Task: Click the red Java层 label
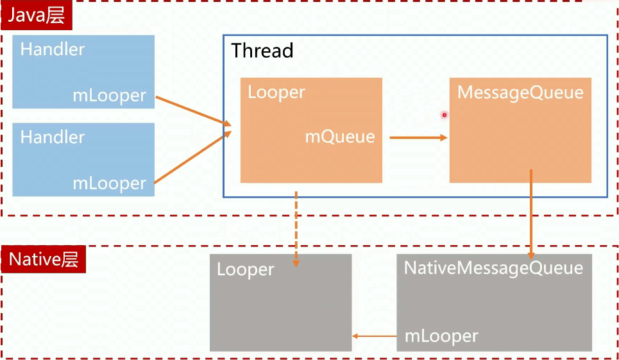[37, 15]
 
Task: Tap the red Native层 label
[44, 260]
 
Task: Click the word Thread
[262, 51]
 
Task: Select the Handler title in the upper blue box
[53, 49]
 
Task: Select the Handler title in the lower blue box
[53, 137]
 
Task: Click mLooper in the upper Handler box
[109, 96]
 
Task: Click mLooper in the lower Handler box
[109, 184]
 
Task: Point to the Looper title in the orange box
[276, 92]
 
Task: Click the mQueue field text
[339, 137]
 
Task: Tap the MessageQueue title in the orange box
[520, 92]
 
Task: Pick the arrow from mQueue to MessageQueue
[418, 137]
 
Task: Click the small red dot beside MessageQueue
[443, 115]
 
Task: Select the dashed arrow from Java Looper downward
[296, 228]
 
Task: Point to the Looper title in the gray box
[246, 270]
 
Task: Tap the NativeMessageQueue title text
[493, 268]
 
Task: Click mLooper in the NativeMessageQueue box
[441, 336]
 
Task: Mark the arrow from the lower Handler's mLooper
[192, 158]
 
